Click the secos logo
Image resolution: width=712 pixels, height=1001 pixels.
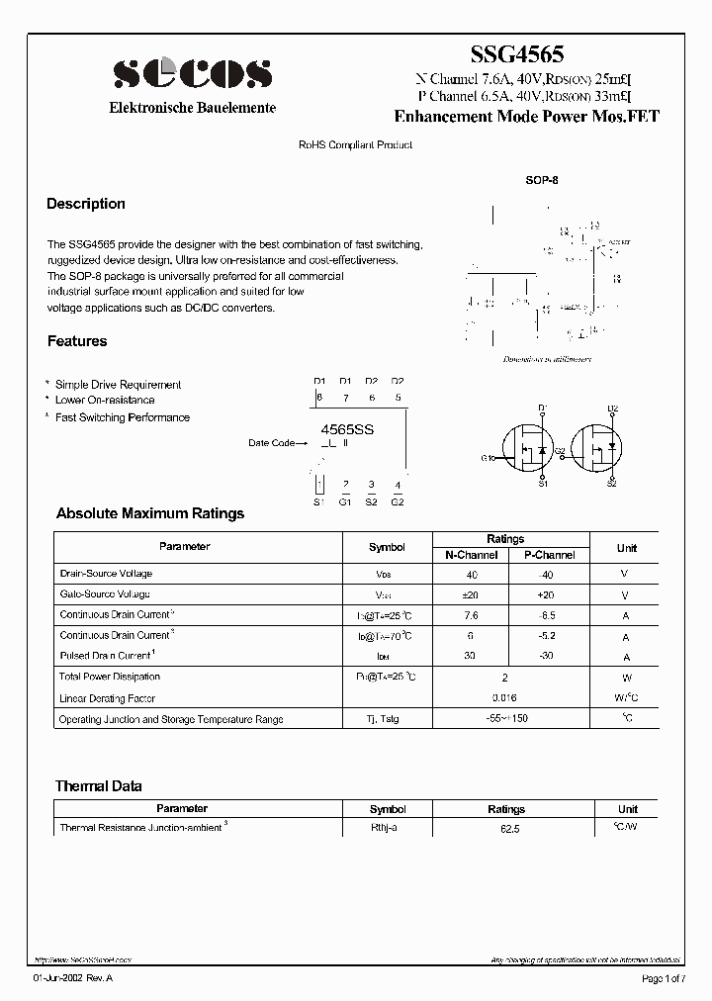192,74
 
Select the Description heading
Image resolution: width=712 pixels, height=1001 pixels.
86,204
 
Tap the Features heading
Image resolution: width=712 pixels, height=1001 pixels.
77,341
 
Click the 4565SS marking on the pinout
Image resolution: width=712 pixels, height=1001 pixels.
348,430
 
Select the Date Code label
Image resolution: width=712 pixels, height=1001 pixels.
271,443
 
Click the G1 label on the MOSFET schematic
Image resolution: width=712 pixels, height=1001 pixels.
488,458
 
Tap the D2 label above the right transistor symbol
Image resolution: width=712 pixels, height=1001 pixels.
612,409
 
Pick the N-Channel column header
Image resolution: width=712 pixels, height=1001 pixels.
471,555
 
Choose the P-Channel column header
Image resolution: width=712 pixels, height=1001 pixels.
549,555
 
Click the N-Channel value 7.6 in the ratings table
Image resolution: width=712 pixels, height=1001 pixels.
472,615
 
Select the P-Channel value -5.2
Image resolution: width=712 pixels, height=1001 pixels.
549,636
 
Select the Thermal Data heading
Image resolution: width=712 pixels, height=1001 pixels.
98,786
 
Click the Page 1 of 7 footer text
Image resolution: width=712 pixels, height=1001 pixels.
662,978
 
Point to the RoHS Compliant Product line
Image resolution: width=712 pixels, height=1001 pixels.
355,145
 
